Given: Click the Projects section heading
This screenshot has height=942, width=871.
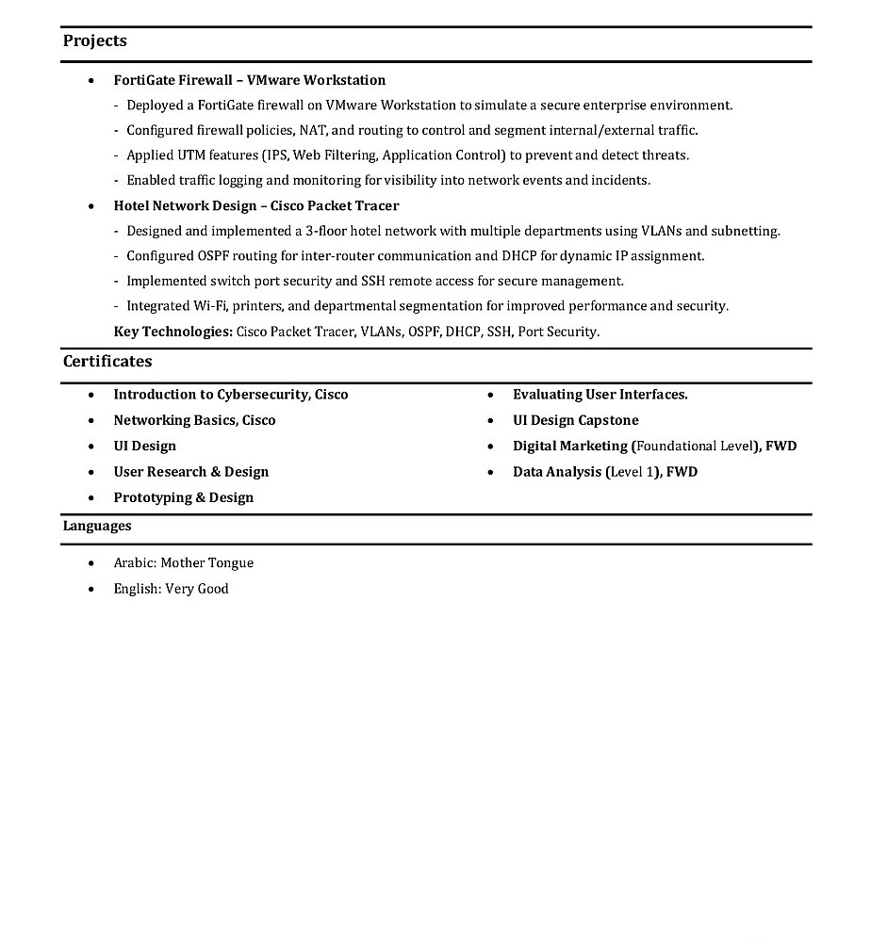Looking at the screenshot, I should pos(94,41).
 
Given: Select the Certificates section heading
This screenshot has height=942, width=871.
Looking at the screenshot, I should pos(107,361).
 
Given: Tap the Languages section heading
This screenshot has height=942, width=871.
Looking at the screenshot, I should pos(96,526).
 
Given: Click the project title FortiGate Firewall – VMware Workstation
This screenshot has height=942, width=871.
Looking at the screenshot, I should pos(249,80).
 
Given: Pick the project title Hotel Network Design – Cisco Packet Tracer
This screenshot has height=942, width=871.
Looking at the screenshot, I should pos(255,205).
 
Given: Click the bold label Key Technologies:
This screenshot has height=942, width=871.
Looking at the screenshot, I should pos(173,332).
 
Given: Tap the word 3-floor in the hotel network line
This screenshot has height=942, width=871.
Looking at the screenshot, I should pos(325,231).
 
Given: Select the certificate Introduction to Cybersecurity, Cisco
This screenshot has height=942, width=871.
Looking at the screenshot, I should pos(230,395).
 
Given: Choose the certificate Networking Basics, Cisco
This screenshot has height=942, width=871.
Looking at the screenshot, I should pos(194,420).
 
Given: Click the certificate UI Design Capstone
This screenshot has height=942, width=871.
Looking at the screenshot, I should pos(575,420).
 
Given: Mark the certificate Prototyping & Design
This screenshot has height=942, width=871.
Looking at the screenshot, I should pos(183,497).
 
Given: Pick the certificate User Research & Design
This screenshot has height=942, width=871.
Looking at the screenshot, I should pos(190,472).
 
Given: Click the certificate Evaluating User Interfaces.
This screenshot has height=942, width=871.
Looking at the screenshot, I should pos(600,395).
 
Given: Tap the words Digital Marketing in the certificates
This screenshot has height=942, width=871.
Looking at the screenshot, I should pos(569,446).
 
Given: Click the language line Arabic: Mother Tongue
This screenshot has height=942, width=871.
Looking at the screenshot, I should pos(183,563).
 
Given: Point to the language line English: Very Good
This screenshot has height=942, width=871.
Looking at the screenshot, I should pos(171,589).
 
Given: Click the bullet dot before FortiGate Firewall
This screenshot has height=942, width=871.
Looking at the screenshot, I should pos(90,81).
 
